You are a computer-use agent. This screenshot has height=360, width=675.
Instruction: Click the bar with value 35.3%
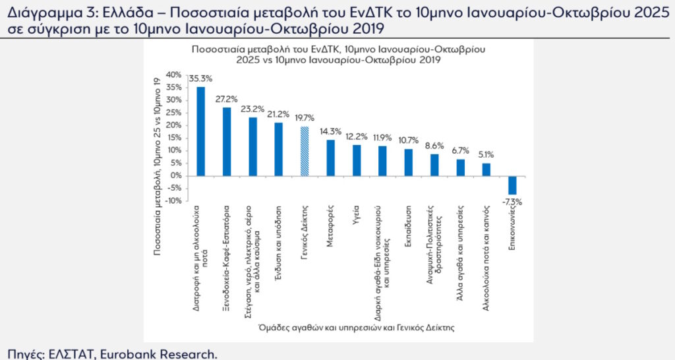[201, 131]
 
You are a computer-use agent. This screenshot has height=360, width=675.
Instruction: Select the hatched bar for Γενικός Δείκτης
[305, 151]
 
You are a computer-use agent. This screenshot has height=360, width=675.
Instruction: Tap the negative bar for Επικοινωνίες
[512, 185]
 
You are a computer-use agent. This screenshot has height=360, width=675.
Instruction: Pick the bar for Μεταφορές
[330, 158]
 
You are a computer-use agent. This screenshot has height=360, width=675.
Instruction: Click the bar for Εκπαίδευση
[408, 162]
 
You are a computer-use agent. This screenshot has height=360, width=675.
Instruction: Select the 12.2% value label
[357, 136]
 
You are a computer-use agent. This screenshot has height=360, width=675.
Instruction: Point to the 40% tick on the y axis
[173, 75]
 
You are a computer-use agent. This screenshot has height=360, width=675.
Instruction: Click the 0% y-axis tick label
[175, 176]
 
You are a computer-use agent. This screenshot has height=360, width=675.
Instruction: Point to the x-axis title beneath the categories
[357, 327]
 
